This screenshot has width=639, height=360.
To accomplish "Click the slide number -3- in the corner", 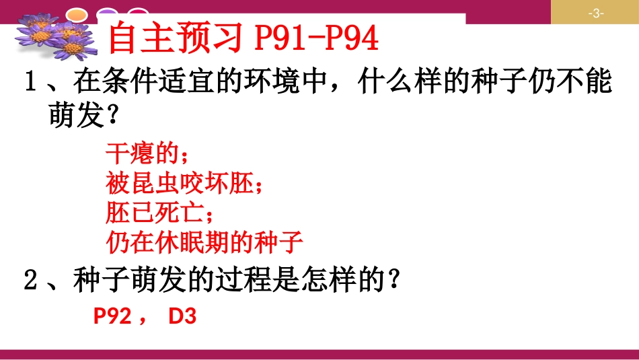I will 595,13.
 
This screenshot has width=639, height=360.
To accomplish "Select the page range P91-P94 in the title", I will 317,40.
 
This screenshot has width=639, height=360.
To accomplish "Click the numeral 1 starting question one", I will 29,84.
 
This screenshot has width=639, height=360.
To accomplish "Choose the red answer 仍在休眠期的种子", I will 206,242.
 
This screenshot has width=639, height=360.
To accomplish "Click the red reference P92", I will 112,317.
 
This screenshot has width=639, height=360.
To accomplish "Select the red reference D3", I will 182,317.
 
